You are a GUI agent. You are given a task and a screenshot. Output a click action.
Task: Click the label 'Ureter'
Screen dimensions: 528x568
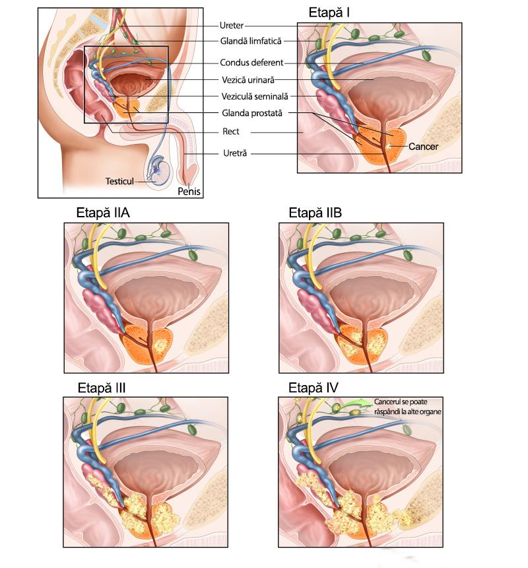coord(232,25)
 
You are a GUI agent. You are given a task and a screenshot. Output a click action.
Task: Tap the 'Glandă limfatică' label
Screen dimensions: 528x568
coord(251,41)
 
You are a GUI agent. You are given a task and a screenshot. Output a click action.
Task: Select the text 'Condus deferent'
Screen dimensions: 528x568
coord(251,62)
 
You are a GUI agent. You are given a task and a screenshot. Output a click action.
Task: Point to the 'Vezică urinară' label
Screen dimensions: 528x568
coord(248,79)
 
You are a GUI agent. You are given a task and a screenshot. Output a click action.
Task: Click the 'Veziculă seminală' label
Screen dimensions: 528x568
coord(255,96)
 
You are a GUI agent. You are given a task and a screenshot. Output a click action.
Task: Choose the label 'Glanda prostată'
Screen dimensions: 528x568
coord(252,113)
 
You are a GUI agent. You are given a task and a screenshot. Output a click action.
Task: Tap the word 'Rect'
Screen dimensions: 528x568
coord(231,131)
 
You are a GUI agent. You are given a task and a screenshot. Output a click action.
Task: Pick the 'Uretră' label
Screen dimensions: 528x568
coord(235,153)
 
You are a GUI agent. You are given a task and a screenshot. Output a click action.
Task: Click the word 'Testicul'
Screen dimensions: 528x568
coord(119,181)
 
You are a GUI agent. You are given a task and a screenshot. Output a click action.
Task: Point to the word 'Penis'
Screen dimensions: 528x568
coord(189,192)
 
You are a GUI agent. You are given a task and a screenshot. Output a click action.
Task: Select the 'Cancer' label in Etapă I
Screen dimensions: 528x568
coord(424,147)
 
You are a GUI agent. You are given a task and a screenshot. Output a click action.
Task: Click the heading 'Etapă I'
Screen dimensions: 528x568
coord(329,13)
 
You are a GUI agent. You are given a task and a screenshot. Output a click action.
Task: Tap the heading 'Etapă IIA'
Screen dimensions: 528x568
coord(103,213)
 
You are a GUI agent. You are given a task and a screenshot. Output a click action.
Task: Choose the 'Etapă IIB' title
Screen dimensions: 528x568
coord(315,213)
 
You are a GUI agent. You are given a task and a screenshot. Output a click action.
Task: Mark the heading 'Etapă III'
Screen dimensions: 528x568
coord(102,388)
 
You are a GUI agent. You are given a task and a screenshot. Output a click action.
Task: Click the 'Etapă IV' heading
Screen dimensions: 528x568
coord(313,388)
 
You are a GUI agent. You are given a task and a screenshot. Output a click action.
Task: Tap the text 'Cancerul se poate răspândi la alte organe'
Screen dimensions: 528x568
coord(407,406)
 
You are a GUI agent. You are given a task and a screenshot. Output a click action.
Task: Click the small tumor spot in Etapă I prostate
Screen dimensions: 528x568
coord(389,146)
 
